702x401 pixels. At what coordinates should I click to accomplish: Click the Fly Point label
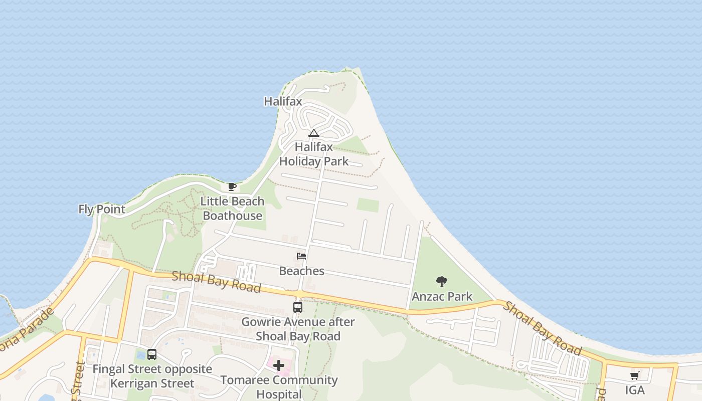coord(102,209)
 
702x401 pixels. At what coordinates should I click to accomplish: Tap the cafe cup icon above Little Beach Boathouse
coord(232,186)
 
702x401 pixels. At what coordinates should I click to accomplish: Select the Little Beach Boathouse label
coord(233,209)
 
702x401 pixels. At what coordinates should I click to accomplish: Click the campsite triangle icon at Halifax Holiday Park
coord(314,133)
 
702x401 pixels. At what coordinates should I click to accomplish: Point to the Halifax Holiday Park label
coord(314,154)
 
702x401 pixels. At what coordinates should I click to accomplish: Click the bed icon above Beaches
coord(301,256)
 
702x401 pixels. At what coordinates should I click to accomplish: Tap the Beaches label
coord(302,271)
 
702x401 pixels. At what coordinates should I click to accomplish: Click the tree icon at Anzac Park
coord(442,281)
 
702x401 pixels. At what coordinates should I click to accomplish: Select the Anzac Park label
coord(442,296)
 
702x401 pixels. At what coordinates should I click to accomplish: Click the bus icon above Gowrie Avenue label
coord(298,307)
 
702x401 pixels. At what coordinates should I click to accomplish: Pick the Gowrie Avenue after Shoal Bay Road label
coord(298,329)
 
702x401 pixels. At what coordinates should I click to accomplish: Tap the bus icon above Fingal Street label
coord(152,354)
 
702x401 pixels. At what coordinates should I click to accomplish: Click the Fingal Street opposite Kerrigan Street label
coord(152,376)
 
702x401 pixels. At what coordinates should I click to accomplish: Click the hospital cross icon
coord(279,365)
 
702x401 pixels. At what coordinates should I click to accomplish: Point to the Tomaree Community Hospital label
coord(279,387)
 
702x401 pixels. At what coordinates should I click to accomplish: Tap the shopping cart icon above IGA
coord(635,375)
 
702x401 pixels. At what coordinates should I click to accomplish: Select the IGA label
coord(635,390)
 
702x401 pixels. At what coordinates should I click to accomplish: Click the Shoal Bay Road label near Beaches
coord(216,282)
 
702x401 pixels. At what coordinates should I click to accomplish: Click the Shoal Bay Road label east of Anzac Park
coord(542,328)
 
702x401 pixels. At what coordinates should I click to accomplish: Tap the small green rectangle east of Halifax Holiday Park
coord(368,205)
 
